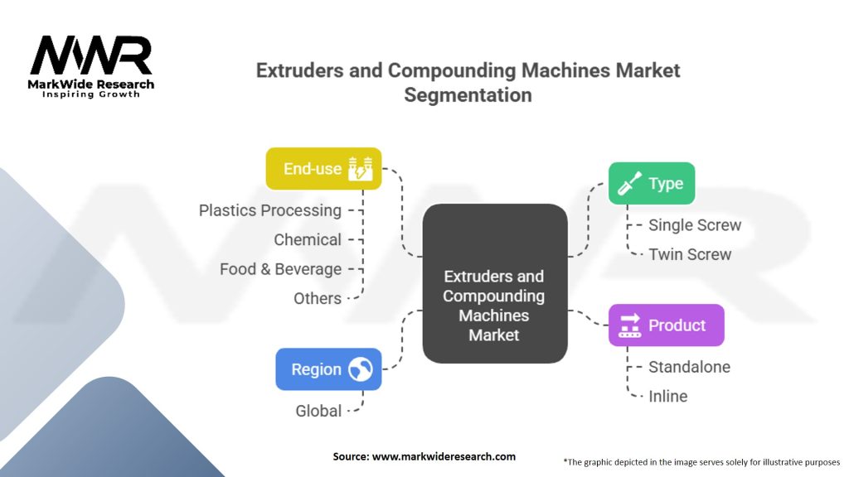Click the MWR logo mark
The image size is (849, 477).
[91, 56]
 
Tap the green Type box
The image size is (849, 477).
[651, 183]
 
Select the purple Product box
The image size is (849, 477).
[666, 325]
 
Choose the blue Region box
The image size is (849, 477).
[328, 369]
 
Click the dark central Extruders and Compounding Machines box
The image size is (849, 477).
[494, 283]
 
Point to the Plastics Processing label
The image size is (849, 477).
[270, 210]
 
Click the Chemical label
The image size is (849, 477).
[308, 240]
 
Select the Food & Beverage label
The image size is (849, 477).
[280, 269]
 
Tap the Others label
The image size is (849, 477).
[318, 298]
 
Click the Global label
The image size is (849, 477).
[318, 411]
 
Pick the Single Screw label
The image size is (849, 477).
[695, 225]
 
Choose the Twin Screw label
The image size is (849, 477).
[690, 254]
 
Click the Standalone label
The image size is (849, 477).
[689, 367]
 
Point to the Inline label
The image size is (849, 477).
[668, 396]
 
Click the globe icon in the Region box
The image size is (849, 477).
[360, 369]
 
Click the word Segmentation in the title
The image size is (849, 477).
[468, 95]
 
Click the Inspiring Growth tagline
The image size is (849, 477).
[91, 94]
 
